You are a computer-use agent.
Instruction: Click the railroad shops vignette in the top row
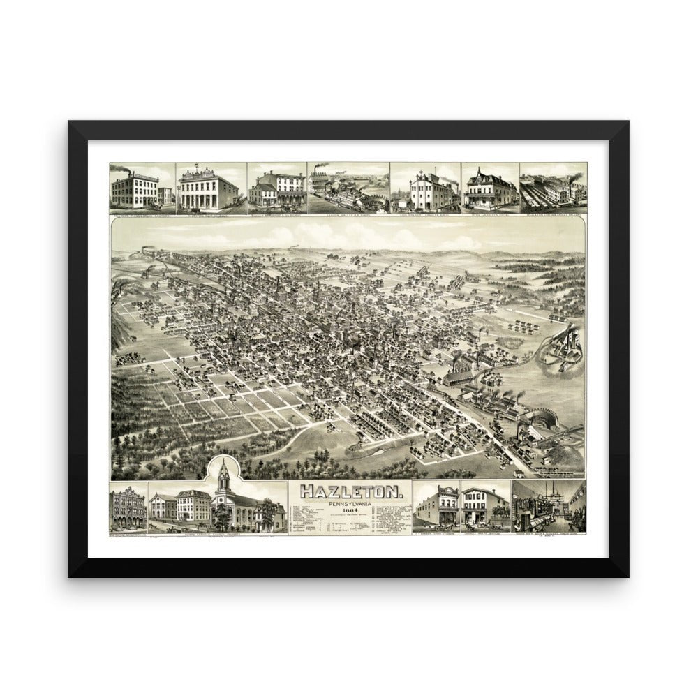click(348, 187)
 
